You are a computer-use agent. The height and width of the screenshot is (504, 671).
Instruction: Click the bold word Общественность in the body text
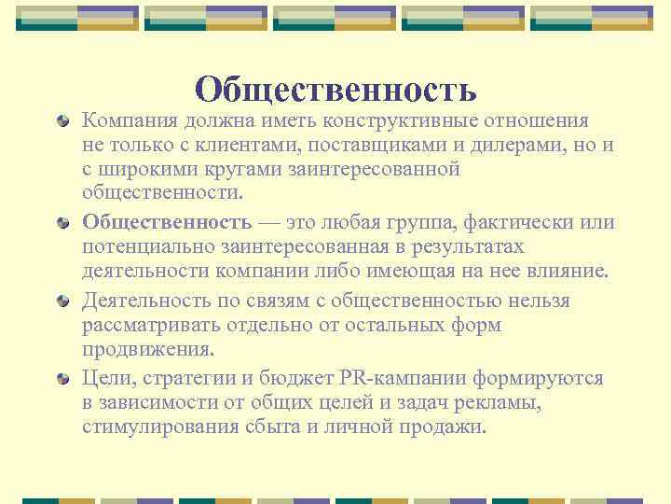(167, 222)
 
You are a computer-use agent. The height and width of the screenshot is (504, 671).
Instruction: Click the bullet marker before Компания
(62, 120)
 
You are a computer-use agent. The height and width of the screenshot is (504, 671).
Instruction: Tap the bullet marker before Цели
(62, 378)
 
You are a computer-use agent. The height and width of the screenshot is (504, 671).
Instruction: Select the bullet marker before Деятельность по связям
(62, 301)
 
